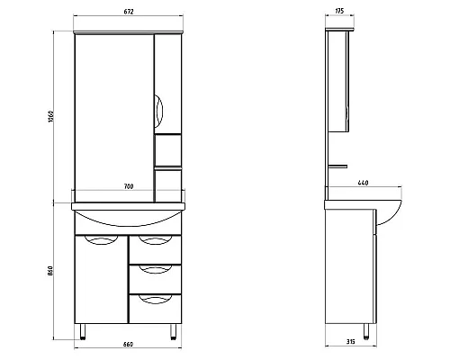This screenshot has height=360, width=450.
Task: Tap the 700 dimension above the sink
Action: (130, 187)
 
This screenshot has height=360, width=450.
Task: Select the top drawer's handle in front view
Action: (156, 240)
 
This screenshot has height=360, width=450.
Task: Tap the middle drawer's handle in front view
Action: (156, 271)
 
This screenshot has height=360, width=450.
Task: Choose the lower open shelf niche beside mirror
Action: (168, 184)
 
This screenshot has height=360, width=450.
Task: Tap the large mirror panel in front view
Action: (112, 112)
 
